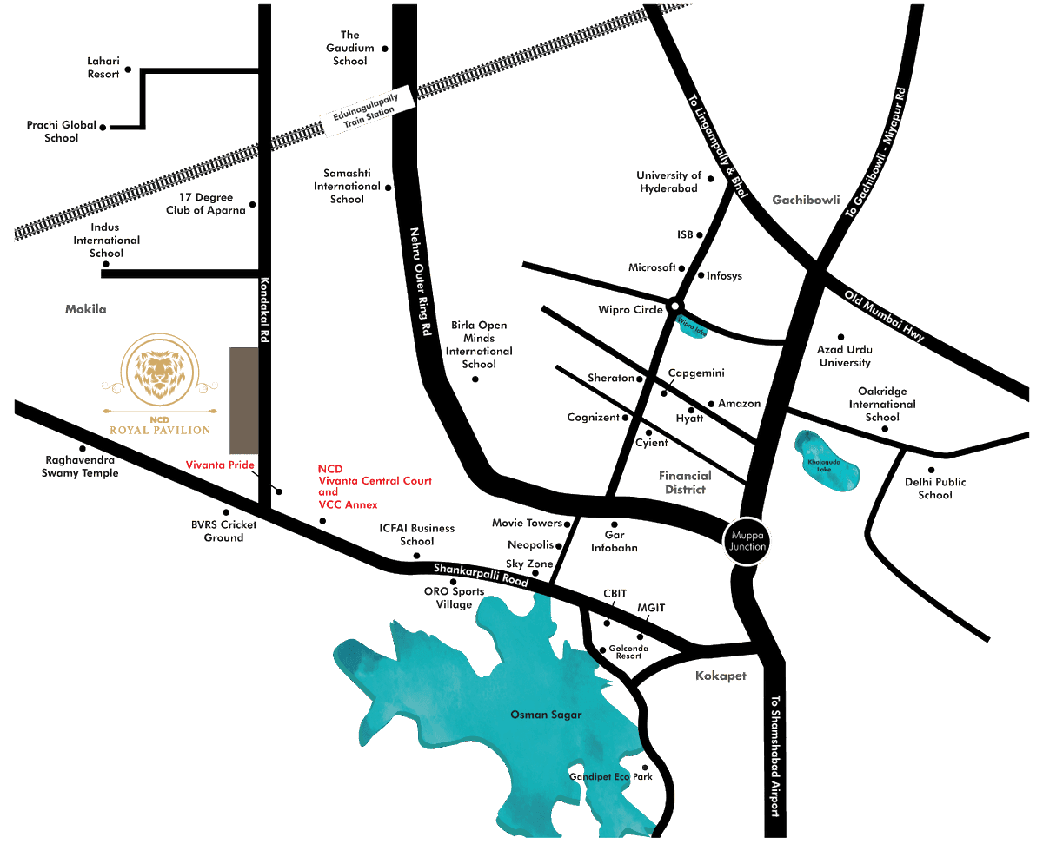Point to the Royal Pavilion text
click(x=159, y=430)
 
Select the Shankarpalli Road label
click(x=481, y=577)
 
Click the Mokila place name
click(x=85, y=309)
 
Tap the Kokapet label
click(x=721, y=676)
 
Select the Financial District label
click(x=685, y=483)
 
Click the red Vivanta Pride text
click(x=220, y=465)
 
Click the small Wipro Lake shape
click(x=692, y=329)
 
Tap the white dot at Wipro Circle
click(x=675, y=307)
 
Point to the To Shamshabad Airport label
click(x=776, y=755)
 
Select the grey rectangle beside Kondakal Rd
click(x=244, y=400)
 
